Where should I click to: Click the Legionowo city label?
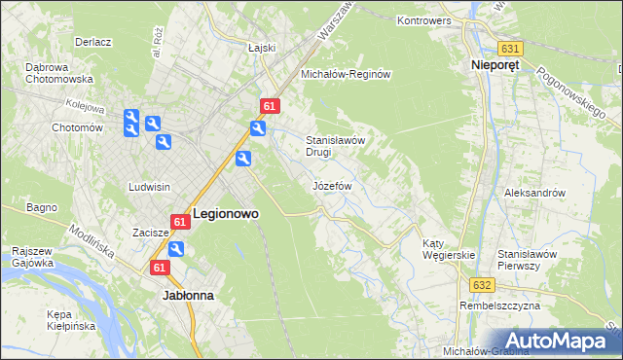(226, 213)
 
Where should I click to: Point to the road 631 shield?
(511, 48)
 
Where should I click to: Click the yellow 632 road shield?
(485, 285)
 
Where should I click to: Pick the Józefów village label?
(331, 185)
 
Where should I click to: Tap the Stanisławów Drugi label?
(335, 145)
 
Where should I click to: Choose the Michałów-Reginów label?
(346, 74)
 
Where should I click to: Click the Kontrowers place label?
(428, 19)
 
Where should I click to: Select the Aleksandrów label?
(534, 193)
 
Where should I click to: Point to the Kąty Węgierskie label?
(448, 249)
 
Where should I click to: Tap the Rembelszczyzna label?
(500, 306)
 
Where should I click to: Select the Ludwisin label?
(150, 186)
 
